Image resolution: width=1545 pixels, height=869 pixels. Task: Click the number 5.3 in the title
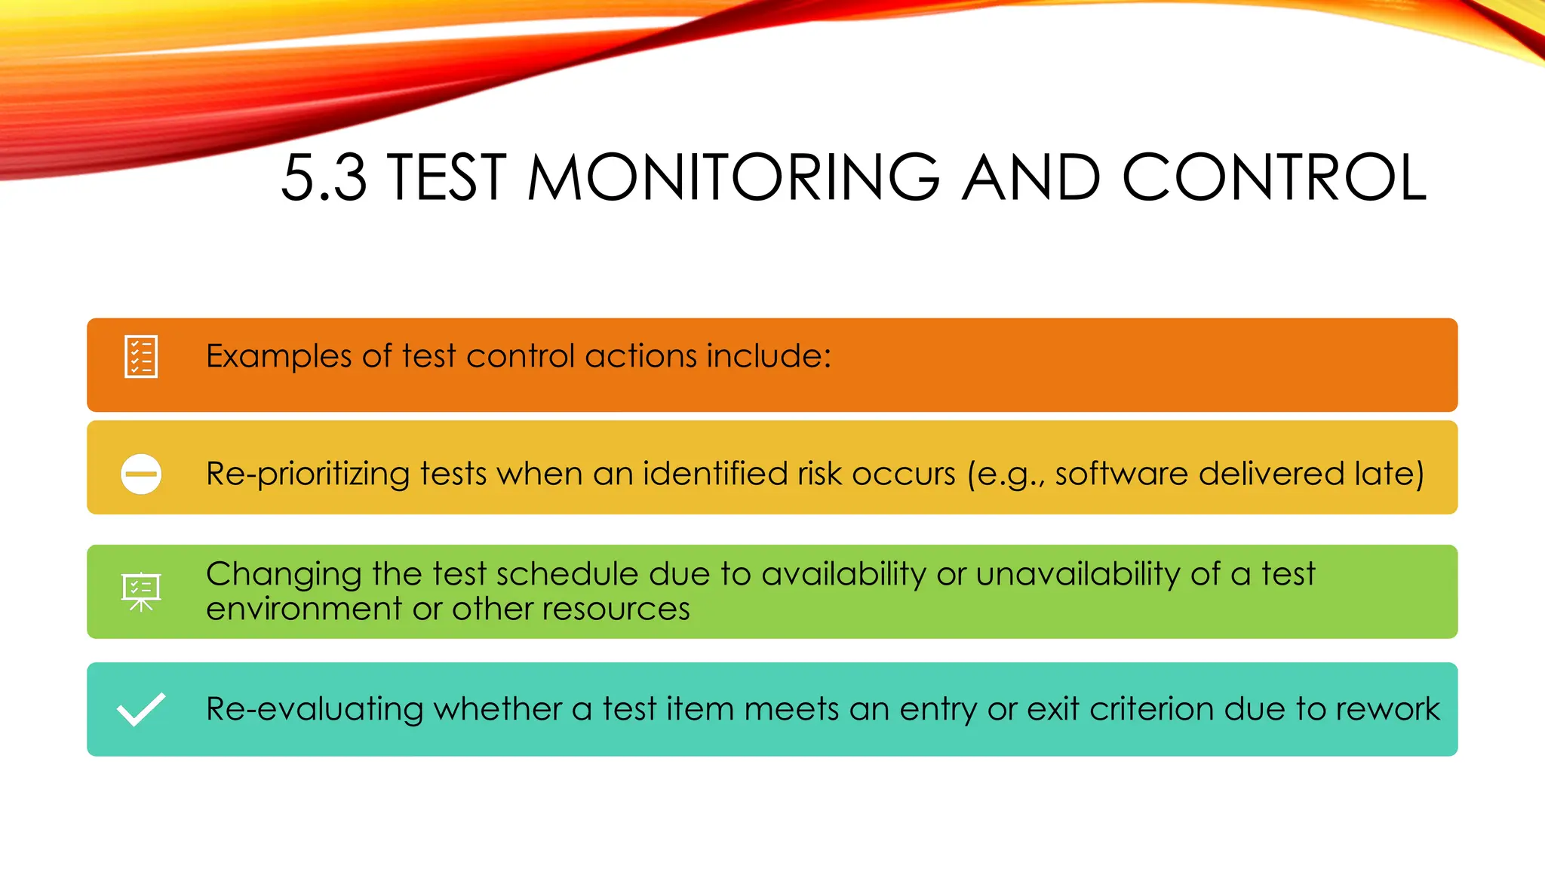[x=324, y=178]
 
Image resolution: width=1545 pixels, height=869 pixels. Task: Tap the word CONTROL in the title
[x=1274, y=178]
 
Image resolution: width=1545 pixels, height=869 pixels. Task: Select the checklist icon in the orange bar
[x=141, y=356]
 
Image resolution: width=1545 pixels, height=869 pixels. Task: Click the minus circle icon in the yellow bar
[x=141, y=474]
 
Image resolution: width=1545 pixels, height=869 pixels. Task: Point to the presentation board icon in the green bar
[x=141, y=591]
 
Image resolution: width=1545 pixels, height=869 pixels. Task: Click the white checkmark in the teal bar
[x=141, y=709]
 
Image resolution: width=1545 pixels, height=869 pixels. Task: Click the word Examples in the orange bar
[x=278, y=356]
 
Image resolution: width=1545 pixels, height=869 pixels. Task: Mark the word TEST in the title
[x=447, y=178]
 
